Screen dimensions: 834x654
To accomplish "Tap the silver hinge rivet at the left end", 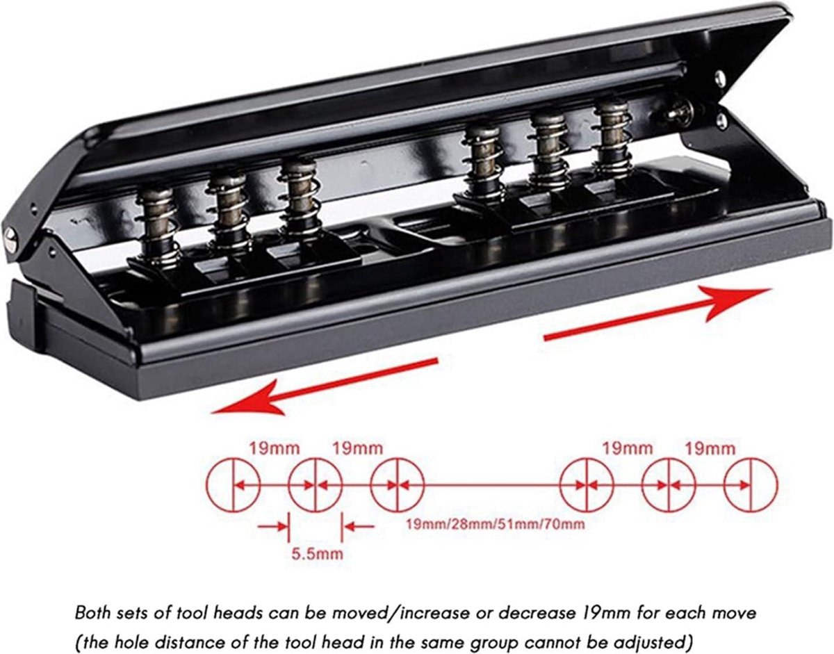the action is tap(10, 240).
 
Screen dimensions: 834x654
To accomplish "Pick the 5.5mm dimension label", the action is tap(317, 554).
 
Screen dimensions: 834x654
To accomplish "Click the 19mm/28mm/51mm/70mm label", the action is tap(496, 524).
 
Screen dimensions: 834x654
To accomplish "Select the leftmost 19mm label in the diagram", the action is tap(275, 448).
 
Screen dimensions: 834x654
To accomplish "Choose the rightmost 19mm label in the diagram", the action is tap(710, 449).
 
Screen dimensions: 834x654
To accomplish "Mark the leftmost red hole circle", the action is tap(234, 484).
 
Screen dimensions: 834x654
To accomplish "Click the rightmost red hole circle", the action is tap(751, 484).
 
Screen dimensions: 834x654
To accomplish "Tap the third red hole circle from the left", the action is tap(398, 484).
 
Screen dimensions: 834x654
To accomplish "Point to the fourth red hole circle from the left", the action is tap(587, 484).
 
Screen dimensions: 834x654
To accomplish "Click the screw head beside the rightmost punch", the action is tap(680, 112).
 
